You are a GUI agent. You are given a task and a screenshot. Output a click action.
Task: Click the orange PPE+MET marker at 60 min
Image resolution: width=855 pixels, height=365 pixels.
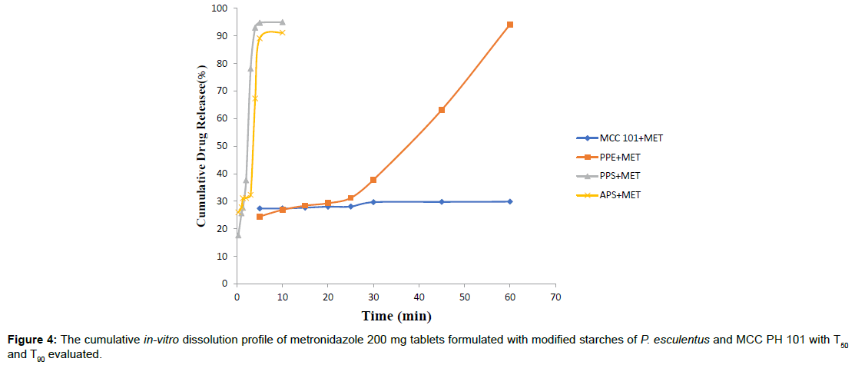[x=510, y=25]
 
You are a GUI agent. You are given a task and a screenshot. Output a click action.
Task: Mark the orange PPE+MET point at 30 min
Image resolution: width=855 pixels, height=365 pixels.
[x=373, y=180]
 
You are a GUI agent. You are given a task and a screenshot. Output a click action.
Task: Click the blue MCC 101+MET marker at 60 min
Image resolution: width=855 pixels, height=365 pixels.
[x=510, y=201]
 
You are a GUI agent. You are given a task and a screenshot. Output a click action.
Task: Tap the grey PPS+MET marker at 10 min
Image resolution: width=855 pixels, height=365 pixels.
[x=283, y=22]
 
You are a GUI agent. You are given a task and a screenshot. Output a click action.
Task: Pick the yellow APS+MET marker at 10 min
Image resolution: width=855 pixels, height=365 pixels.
[x=283, y=32]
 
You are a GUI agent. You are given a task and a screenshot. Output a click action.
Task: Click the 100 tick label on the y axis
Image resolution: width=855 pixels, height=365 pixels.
[x=220, y=8]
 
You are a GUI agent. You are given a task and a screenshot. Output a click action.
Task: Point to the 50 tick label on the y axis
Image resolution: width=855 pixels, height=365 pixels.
[x=223, y=146]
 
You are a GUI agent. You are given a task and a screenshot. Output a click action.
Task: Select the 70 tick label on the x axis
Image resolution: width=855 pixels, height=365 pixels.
[x=555, y=296]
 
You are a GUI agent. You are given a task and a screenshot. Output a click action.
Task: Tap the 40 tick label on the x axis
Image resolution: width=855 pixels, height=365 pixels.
[x=419, y=296]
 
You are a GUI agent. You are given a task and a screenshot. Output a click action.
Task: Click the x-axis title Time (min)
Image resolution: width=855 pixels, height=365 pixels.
[x=396, y=316]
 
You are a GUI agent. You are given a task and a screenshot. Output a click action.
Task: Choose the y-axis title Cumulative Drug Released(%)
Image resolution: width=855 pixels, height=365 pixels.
[x=201, y=145]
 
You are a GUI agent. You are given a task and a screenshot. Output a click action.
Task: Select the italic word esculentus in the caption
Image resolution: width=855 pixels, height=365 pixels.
[x=681, y=340]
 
